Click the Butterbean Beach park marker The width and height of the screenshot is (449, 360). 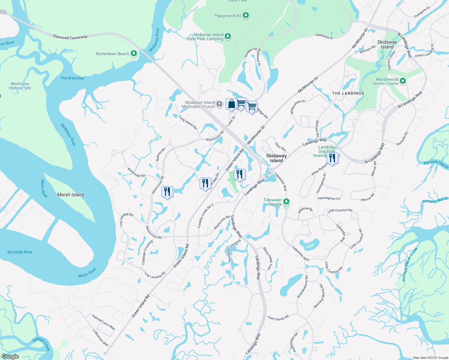click(134, 54)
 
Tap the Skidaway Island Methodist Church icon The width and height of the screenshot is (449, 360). click(219, 104)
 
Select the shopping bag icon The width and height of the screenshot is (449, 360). click(231, 104)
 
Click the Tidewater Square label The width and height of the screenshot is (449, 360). click(273, 202)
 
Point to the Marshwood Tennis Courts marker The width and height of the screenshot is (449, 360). click(403, 81)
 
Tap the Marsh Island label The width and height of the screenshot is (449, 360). click(71, 195)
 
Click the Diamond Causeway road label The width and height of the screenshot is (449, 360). click(70, 37)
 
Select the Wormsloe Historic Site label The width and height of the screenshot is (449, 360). click(20, 86)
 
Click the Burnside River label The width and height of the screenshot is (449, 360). click(20, 252)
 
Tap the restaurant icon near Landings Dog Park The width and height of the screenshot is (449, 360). click(332, 158)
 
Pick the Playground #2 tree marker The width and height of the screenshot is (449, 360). click(246, 15)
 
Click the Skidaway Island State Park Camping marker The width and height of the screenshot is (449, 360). click(228, 36)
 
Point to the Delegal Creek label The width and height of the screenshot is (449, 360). click(41, 344)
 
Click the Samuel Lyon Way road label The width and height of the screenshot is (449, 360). click(104, 322)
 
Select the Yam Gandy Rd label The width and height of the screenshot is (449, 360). click(278, 318)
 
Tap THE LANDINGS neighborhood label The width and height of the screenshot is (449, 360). click(348, 93)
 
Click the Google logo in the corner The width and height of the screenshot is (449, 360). click(10, 356)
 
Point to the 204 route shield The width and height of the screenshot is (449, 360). click(3, 12)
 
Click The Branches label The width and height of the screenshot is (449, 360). click(72, 78)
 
